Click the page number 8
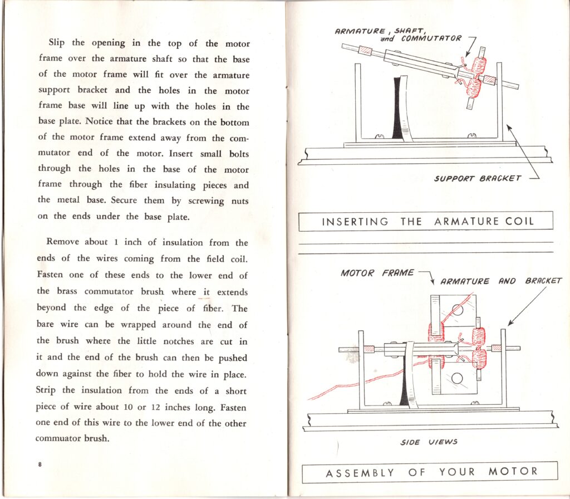[41, 464]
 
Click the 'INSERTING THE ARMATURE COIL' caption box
[426, 221]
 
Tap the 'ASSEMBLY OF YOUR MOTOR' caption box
[429, 472]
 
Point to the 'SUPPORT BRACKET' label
[478, 178]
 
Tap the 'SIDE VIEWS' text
[429, 442]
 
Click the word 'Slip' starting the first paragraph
[57, 43]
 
